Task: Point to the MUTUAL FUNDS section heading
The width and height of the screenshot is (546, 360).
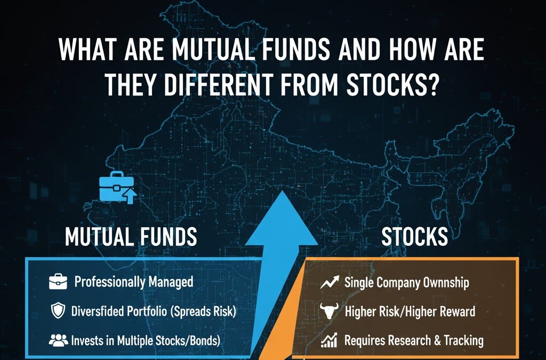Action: click(x=131, y=236)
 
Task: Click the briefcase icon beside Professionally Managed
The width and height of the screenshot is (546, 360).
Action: click(x=57, y=282)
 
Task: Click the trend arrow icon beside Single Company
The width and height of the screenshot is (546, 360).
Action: click(x=329, y=282)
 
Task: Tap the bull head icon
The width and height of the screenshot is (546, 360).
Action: click(x=329, y=311)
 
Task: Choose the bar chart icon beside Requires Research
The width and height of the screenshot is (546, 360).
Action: click(x=329, y=340)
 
